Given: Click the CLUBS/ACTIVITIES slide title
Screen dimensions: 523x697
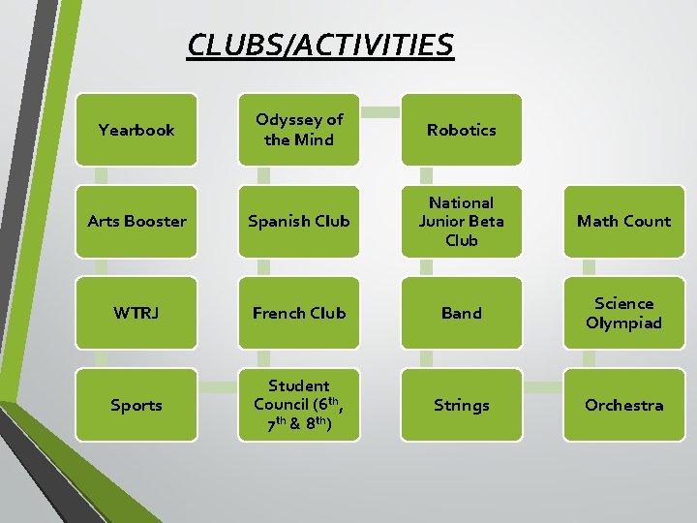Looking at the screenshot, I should (x=319, y=45).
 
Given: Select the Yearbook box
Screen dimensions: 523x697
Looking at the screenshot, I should (x=136, y=130).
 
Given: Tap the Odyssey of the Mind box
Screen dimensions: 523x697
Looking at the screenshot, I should (x=299, y=130).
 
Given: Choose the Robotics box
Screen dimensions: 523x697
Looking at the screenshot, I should (x=462, y=130).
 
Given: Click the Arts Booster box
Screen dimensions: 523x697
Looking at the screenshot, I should (x=136, y=221).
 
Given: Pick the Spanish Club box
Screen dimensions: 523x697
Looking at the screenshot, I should (x=299, y=221).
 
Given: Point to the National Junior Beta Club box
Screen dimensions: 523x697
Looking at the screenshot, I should (x=462, y=221).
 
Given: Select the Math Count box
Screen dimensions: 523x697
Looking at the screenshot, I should (x=623, y=221).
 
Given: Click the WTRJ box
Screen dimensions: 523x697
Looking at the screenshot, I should (x=136, y=313).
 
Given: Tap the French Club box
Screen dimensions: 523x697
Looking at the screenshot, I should (x=299, y=313).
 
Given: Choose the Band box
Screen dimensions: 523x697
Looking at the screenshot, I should (x=462, y=313).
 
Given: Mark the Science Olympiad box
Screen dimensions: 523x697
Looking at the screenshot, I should (x=623, y=313).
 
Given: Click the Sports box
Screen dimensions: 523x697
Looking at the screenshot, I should (x=136, y=405).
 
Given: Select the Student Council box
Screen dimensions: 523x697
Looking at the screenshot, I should (x=299, y=405).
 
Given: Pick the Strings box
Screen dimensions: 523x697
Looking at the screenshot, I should (x=462, y=405).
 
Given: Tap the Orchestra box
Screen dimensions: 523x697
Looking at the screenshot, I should (x=623, y=405).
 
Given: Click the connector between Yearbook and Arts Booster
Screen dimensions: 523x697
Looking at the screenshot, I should (x=100, y=175).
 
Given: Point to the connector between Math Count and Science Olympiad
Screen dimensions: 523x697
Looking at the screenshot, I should (x=588, y=267).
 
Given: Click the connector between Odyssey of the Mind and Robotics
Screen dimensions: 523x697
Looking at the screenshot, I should (x=380, y=111).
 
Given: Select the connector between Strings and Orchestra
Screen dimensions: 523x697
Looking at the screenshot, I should (x=542, y=386).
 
